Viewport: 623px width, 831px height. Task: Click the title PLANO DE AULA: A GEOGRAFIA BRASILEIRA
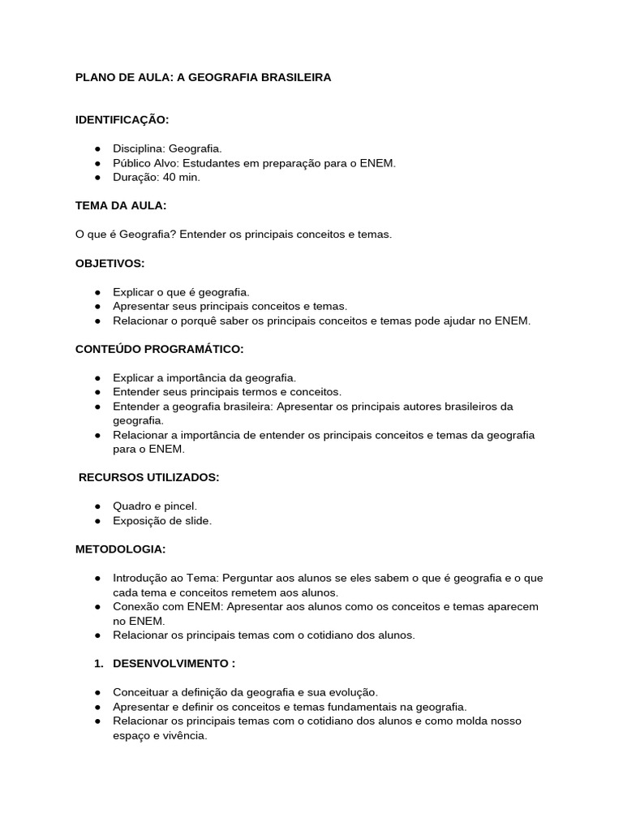(203, 78)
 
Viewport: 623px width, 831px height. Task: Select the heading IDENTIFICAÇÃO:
(122, 120)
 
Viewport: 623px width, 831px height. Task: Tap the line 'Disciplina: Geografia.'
(167, 149)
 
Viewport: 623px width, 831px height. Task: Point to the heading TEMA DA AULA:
(121, 205)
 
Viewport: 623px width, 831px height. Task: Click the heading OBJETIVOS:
(110, 263)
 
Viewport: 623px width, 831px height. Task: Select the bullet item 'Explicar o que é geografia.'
(181, 291)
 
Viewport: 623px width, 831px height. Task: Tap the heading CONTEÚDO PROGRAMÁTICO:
(159, 349)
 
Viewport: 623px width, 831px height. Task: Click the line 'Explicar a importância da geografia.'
(204, 377)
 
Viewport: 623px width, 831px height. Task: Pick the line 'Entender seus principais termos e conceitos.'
(227, 392)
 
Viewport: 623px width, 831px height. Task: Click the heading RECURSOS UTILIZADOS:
(148, 477)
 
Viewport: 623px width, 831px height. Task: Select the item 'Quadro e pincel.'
(155, 506)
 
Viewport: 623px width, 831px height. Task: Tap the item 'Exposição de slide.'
(162, 521)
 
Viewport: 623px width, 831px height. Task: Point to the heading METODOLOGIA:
(120, 549)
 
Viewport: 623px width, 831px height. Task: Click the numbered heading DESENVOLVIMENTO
(174, 663)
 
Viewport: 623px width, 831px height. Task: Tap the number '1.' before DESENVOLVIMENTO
(98, 663)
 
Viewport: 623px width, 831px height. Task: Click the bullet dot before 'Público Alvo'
(97, 163)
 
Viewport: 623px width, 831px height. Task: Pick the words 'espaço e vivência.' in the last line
(160, 735)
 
